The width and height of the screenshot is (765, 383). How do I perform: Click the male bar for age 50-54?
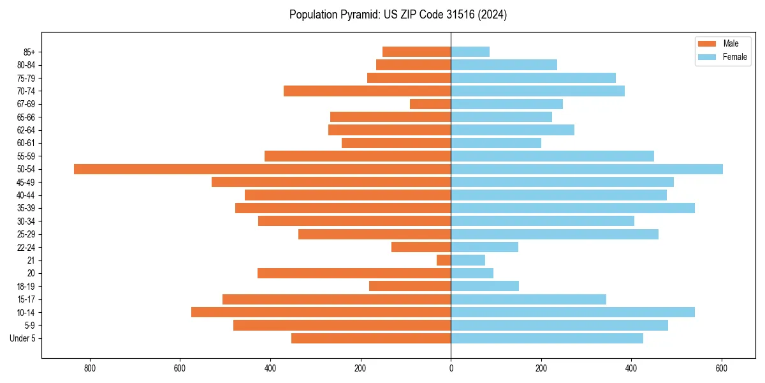[x=263, y=169]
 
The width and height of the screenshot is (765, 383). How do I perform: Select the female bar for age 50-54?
[x=586, y=169]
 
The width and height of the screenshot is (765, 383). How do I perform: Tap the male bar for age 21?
[x=444, y=260]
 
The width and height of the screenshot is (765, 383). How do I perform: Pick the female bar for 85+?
[x=470, y=52]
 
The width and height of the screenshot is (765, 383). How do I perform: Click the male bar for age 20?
[x=354, y=273]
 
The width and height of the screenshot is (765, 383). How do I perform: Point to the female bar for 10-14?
[x=572, y=312]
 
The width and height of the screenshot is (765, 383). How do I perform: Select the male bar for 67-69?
[x=430, y=104]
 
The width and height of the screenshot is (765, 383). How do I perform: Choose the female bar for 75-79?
[x=533, y=78]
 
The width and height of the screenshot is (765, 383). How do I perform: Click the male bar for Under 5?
[x=371, y=338]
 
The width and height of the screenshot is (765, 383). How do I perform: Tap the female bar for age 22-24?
[x=484, y=247]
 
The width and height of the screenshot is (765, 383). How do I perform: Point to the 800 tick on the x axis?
[x=90, y=368]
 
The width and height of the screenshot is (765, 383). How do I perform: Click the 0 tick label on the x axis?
[x=451, y=368]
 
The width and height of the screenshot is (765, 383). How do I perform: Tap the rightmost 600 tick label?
[x=722, y=368]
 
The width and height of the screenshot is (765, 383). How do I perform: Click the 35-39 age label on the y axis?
[x=26, y=208]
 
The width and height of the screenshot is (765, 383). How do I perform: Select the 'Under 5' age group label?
[x=23, y=338]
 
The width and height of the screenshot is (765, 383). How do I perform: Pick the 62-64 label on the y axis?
[x=26, y=130]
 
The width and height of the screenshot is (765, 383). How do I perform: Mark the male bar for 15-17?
[x=337, y=299]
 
